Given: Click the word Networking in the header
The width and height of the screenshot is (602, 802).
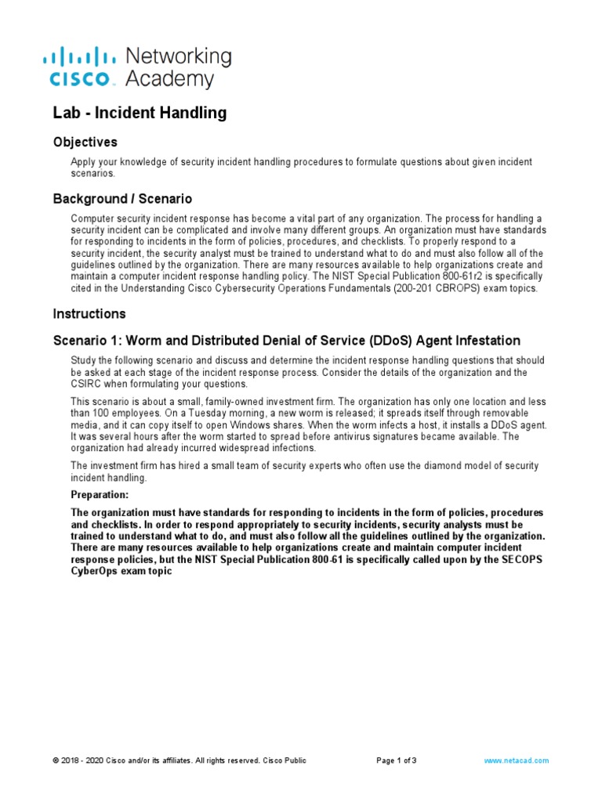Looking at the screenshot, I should coord(178,56).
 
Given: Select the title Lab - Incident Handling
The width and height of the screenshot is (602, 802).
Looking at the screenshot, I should coord(140,113).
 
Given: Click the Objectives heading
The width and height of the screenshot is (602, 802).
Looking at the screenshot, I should coord(85,143).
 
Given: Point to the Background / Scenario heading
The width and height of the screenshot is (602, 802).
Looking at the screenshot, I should coord(122,199).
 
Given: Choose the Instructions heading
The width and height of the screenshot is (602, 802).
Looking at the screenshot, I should coord(89,314).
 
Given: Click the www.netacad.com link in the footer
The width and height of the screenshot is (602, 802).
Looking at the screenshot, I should coord(517,760).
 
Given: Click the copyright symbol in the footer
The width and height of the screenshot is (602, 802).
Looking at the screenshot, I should coord(56,760).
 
